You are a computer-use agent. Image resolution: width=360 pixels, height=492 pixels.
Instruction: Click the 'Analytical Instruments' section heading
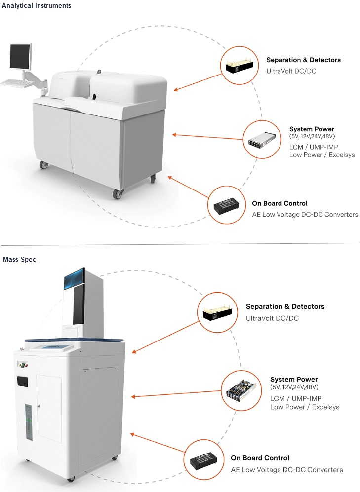37,6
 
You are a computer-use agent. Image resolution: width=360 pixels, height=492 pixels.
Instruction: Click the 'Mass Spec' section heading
19,259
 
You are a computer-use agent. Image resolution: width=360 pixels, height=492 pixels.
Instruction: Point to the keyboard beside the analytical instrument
17,82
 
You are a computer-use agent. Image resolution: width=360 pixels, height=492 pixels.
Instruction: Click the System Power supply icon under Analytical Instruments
263,140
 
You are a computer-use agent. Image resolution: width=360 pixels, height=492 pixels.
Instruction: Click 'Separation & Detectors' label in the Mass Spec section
285,307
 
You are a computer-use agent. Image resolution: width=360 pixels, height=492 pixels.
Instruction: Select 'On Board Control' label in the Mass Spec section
260,458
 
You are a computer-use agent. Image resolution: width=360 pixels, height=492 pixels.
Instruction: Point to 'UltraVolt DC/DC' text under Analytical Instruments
291,71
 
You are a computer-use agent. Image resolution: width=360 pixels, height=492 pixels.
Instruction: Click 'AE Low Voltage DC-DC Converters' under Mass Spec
286,470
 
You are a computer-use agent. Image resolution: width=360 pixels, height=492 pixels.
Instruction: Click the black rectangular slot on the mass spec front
21,381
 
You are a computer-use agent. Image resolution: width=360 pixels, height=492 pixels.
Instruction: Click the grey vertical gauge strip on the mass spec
29,422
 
